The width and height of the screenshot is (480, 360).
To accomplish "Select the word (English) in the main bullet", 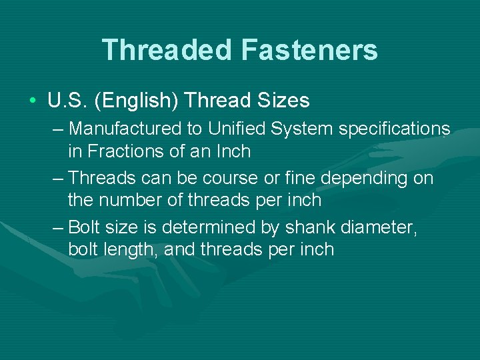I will [137, 101].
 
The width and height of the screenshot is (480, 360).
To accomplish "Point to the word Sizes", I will [283, 101].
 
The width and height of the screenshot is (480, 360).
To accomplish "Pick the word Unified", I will [231, 128].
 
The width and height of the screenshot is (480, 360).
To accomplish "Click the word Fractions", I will [126, 151].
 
